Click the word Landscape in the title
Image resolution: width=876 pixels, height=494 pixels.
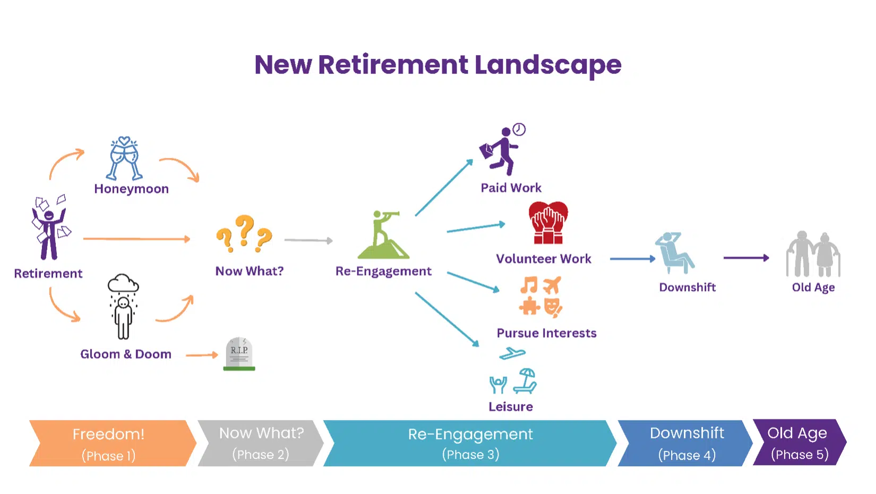point(548,65)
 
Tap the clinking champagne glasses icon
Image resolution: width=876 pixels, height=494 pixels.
point(124,158)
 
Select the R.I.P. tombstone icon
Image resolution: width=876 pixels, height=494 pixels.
point(239,354)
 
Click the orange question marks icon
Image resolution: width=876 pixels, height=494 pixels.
point(244,233)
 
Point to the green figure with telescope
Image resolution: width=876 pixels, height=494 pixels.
point(383,235)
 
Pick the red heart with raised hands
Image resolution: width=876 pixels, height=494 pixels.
point(548,223)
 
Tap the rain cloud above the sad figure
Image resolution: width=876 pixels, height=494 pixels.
point(123,284)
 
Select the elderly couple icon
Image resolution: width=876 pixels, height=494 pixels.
point(813,254)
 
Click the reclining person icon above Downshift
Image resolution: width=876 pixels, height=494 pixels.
point(675,253)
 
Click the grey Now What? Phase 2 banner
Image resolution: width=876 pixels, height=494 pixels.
point(261,443)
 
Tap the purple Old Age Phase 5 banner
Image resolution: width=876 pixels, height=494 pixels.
point(800,443)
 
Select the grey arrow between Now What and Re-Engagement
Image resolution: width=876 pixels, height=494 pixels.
point(308,240)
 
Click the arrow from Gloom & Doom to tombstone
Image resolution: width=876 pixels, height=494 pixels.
point(202,355)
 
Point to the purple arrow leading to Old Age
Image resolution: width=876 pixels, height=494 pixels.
point(746,257)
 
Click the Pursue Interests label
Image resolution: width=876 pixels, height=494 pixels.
point(546,333)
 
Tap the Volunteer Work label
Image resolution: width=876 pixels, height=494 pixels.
point(544,259)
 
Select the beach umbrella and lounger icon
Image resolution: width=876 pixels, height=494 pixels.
point(525,381)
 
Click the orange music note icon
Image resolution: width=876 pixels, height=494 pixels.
point(529,285)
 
